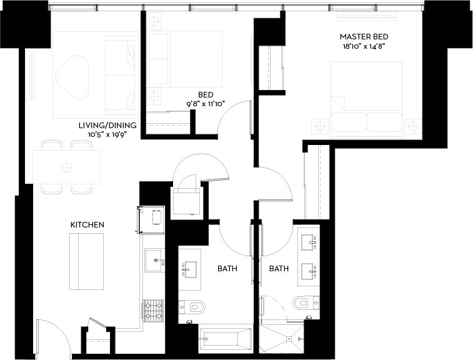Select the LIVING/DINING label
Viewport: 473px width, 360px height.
point(103,126)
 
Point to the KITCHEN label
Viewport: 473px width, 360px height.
point(87,224)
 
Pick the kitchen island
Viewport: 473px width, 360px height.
point(86,261)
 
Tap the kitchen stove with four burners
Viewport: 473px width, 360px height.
point(154,311)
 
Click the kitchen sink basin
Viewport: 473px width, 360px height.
point(154,260)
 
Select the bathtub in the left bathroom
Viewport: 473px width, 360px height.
point(225,341)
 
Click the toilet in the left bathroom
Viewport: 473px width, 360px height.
point(193,307)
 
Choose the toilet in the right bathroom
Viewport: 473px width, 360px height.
point(306,302)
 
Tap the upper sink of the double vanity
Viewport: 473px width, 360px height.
point(308,241)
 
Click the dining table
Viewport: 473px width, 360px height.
point(66,167)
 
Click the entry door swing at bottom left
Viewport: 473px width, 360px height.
point(53,338)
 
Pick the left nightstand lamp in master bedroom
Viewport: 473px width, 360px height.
point(320,126)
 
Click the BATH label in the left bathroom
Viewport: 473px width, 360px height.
point(227,269)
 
